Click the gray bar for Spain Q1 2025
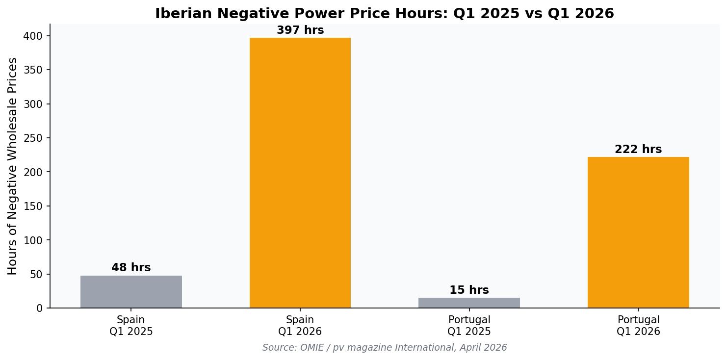click(x=131, y=292)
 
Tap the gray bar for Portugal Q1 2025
click(x=469, y=303)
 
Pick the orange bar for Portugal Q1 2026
click(x=638, y=232)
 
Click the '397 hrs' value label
click(x=300, y=30)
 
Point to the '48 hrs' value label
click(x=131, y=268)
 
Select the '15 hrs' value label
click(x=469, y=290)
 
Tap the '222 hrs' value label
click(x=638, y=150)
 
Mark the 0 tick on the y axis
click(x=39, y=309)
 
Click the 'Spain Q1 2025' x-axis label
click(x=131, y=326)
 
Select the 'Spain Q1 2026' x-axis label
click(x=300, y=326)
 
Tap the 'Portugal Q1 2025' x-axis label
click(x=469, y=326)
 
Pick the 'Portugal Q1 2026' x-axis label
click(x=638, y=326)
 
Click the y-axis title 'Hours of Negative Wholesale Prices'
click(x=13, y=166)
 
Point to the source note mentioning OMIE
click(x=385, y=348)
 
